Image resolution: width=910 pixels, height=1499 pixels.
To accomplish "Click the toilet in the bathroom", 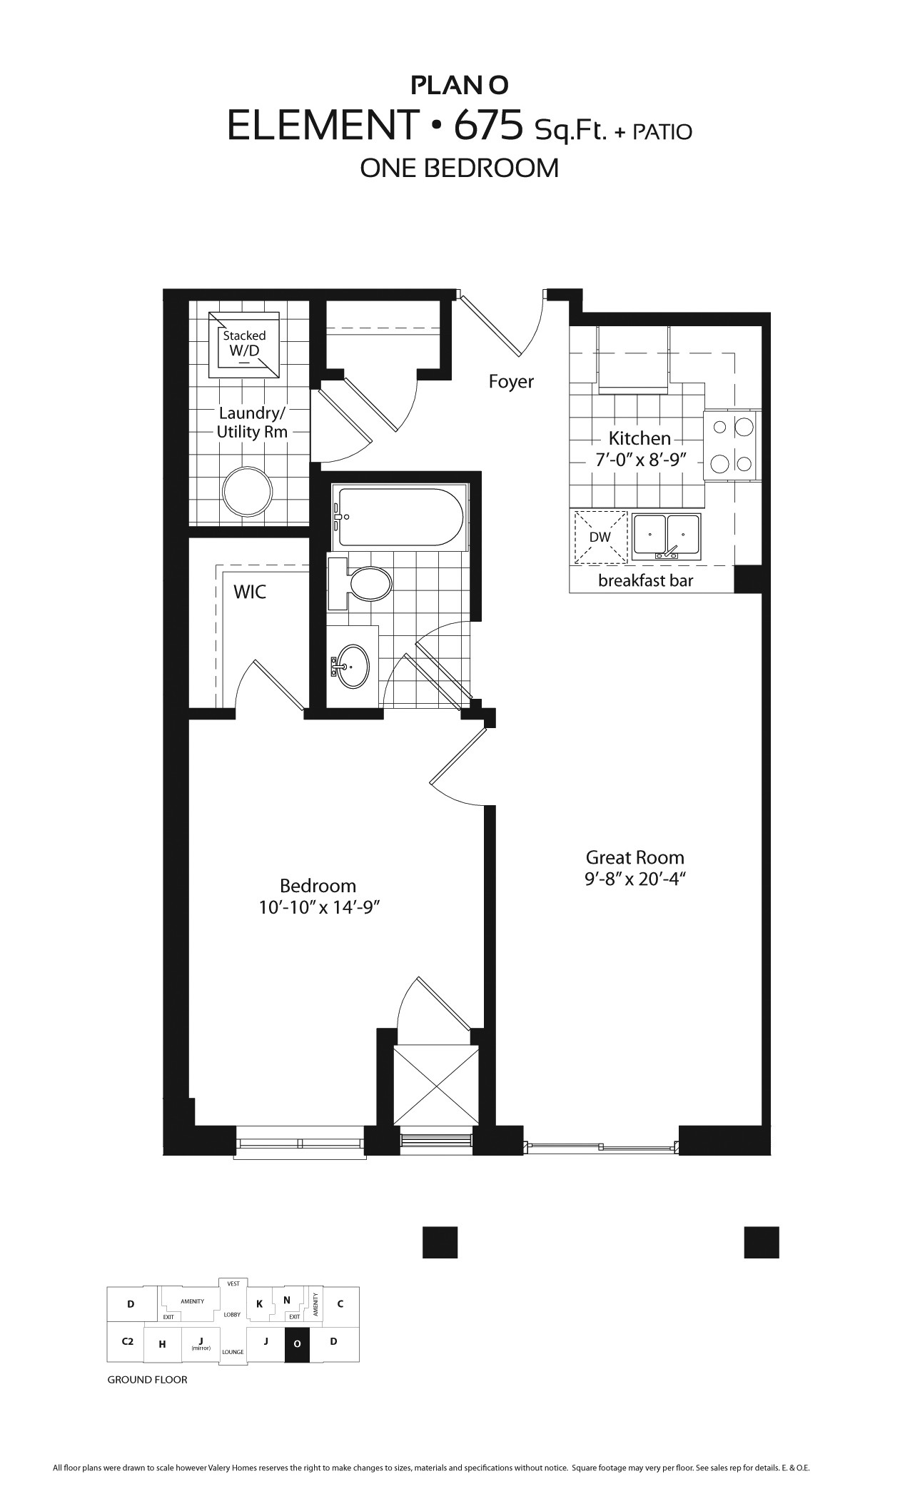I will click(x=368, y=583).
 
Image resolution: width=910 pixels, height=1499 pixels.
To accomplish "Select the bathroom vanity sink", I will click(x=353, y=666).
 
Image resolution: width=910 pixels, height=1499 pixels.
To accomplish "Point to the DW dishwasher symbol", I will click(x=600, y=537).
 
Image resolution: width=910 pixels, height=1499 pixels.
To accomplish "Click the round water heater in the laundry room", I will click(x=247, y=492).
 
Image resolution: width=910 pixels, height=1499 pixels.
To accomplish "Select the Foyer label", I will click(x=511, y=382).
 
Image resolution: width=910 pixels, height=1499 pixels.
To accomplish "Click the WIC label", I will click(x=250, y=592).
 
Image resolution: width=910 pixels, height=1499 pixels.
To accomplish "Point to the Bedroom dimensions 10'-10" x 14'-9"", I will click(x=318, y=907).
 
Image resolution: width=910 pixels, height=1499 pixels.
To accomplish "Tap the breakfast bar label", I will click(x=645, y=580).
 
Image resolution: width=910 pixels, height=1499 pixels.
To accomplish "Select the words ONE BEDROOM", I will click(x=459, y=168).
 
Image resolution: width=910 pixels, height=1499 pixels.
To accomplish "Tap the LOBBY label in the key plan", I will click(x=232, y=1314).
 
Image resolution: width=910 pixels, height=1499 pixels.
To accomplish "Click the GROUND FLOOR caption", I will click(x=147, y=1380).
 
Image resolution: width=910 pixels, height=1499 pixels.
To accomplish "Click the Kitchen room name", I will click(x=639, y=438).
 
